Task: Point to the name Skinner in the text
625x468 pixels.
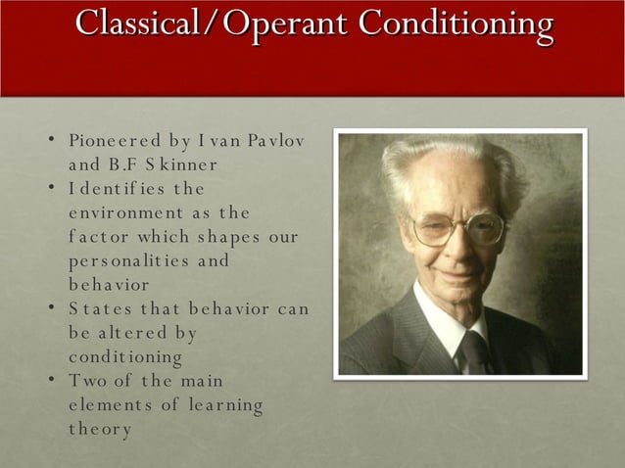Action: point(181,164)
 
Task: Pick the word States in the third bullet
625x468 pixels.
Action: point(96,308)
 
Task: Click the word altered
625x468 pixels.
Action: point(134,333)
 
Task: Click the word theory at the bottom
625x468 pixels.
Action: point(100,429)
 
